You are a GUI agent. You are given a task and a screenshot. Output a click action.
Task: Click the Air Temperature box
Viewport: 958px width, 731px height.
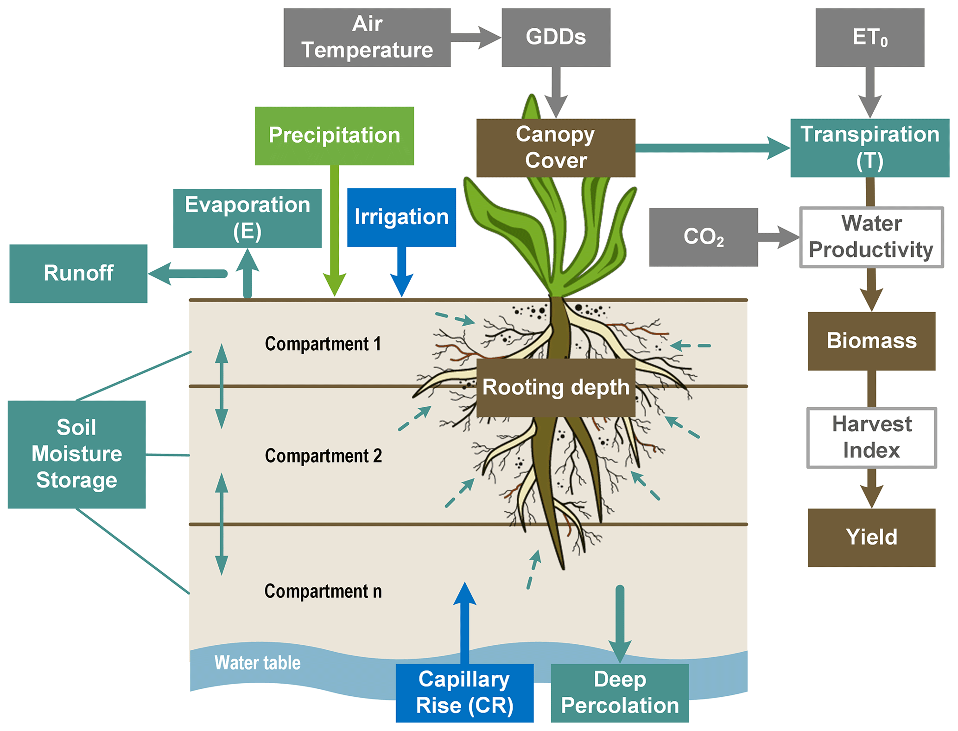(367, 37)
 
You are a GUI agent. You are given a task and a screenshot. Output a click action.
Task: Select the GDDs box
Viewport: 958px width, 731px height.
(555, 37)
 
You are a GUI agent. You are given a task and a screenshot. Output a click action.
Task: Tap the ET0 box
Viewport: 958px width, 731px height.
(869, 37)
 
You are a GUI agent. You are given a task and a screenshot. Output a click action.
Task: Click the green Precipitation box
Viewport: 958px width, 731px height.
(334, 135)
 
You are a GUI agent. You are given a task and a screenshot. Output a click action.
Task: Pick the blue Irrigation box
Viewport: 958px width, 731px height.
(401, 217)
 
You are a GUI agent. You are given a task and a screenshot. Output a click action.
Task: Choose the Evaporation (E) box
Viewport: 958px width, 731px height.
(247, 218)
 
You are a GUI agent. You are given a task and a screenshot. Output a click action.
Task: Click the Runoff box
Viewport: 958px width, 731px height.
(78, 273)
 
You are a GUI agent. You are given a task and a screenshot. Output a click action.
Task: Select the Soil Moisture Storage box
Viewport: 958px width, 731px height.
(76, 454)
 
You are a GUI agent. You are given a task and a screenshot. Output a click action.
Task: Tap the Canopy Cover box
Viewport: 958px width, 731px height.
(555, 147)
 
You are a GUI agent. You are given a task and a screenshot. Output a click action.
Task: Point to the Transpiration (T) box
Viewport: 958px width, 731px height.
(869, 147)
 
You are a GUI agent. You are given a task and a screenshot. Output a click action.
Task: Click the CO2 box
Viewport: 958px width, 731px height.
(703, 237)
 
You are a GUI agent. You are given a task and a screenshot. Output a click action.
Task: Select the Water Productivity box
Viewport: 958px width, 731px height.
(871, 237)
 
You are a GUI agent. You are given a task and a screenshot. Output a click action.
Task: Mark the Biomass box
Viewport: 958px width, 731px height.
(871, 340)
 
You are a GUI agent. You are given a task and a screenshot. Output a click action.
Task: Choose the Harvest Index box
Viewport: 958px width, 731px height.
(871, 437)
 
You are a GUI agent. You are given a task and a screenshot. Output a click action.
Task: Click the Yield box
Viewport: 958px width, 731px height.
(871, 537)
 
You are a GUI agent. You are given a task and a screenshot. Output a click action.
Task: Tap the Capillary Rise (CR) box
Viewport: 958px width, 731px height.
(464, 693)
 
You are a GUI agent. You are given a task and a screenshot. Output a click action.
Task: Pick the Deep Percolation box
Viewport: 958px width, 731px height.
(619, 693)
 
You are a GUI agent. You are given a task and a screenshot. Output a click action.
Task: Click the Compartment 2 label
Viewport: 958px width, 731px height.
(323, 456)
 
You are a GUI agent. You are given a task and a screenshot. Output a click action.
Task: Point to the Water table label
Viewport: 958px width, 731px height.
(257, 663)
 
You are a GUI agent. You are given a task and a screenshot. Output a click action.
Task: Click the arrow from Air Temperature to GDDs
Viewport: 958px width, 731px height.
(475, 37)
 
